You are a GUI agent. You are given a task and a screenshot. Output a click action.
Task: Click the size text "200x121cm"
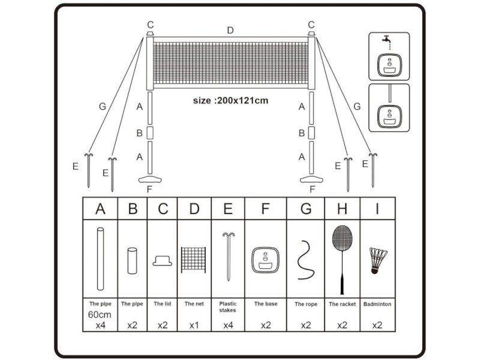(242, 100)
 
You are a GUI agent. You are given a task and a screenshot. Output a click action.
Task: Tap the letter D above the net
(230, 30)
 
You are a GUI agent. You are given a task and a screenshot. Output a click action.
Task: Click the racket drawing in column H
(342, 260)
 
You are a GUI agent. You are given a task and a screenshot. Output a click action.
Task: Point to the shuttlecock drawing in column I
(378, 260)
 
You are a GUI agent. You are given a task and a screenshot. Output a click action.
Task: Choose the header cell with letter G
(305, 208)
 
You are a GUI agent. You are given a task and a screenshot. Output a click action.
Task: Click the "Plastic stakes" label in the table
(228, 307)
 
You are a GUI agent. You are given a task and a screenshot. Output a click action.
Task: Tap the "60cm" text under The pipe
(100, 314)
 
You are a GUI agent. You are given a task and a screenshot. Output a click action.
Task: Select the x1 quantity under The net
(194, 325)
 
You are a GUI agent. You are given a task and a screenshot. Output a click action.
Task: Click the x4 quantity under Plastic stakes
(228, 325)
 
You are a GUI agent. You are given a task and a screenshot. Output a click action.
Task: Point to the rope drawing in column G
(305, 260)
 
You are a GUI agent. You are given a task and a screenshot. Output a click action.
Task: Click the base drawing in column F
(265, 260)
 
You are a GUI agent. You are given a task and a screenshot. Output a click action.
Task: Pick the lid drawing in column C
(162, 261)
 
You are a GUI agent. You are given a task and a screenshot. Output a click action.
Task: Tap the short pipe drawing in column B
(132, 260)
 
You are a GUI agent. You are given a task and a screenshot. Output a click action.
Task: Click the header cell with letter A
(100, 208)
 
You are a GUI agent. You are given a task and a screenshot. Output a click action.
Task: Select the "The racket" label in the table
(342, 304)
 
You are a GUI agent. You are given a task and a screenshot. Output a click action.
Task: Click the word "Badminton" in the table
(377, 304)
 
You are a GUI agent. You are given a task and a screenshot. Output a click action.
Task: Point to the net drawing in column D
(193, 260)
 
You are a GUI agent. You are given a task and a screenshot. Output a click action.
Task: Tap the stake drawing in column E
(229, 257)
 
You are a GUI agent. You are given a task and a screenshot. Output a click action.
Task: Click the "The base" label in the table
(266, 304)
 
